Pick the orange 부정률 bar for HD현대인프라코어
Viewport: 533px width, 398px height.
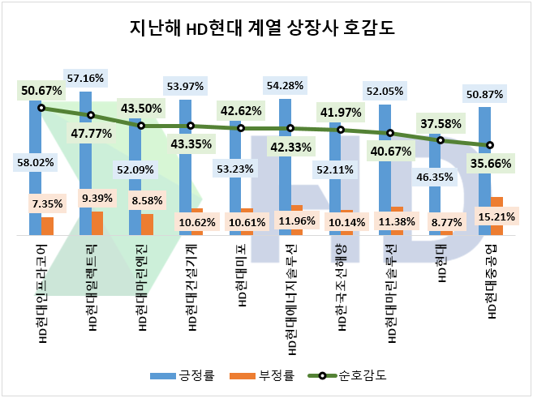click(x=48, y=226)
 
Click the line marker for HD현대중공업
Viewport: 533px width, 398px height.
click(x=490, y=146)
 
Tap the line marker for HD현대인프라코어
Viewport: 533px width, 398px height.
click(x=41, y=108)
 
